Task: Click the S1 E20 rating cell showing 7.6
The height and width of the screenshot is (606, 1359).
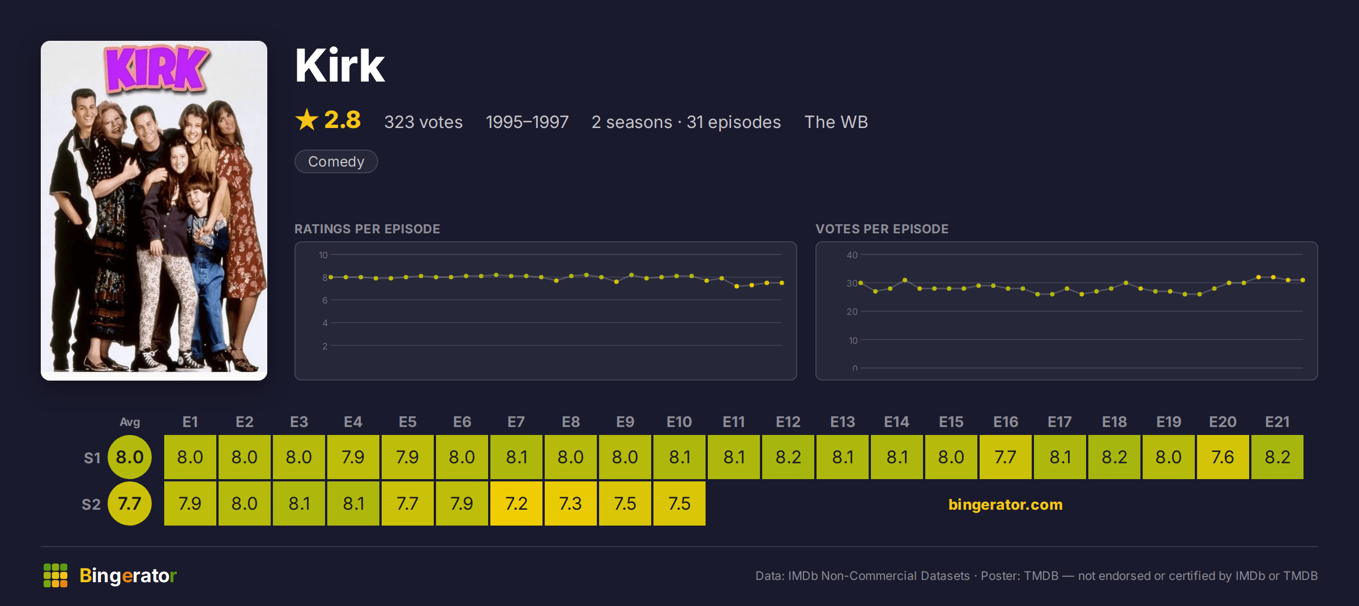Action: (x=1223, y=457)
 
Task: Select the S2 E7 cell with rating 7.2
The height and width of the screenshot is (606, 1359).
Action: (x=516, y=503)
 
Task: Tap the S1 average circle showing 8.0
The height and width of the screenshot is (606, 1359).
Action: (x=130, y=457)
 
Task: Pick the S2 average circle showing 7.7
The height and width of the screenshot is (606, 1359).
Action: (x=130, y=503)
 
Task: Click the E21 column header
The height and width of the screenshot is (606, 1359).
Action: (x=1277, y=422)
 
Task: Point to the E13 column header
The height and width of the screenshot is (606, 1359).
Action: (x=842, y=422)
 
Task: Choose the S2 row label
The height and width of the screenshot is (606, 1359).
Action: (x=91, y=504)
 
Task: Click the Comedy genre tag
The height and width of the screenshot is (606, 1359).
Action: (x=336, y=161)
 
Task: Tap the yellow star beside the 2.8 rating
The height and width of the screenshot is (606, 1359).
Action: (x=307, y=120)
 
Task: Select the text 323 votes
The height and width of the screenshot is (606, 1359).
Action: (x=423, y=122)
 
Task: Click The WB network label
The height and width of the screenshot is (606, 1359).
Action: (x=836, y=122)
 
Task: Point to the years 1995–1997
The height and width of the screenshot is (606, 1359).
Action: (x=527, y=122)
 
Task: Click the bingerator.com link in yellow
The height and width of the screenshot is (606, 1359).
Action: (x=1005, y=504)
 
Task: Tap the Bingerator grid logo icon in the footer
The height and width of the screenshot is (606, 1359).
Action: (x=55, y=575)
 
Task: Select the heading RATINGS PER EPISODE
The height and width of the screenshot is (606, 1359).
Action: (x=367, y=229)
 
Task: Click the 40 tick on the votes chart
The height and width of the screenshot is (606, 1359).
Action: (x=852, y=255)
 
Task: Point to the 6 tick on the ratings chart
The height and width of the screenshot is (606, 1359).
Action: (x=325, y=300)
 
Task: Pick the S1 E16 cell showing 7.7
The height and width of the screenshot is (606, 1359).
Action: (x=1005, y=457)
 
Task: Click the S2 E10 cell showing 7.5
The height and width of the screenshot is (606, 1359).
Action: (x=679, y=503)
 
